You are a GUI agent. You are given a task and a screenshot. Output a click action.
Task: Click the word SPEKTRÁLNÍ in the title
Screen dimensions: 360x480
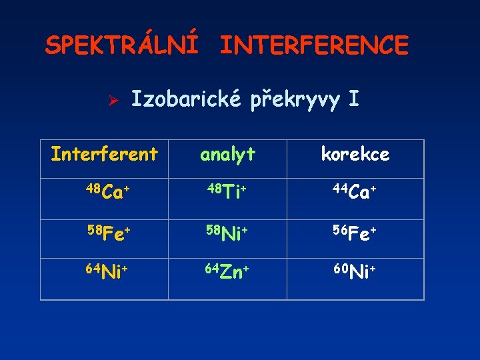pyautogui.click(x=121, y=45)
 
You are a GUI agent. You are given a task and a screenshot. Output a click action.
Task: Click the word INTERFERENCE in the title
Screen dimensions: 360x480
pyautogui.click(x=314, y=45)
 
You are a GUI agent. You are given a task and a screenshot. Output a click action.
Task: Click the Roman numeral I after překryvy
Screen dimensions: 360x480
pyautogui.click(x=353, y=100)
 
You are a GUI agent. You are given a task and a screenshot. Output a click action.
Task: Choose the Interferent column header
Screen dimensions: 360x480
pyautogui.click(x=105, y=155)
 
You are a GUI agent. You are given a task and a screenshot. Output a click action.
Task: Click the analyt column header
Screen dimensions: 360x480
pyautogui.click(x=228, y=155)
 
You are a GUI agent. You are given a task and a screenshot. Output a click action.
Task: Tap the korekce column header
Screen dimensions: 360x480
pyautogui.click(x=355, y=155)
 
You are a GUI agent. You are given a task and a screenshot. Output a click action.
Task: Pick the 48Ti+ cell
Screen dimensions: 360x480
pyautogui.click(x=227, y=193)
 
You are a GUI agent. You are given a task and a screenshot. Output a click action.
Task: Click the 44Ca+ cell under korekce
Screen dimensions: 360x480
pyautogui.click(x=356, y=193)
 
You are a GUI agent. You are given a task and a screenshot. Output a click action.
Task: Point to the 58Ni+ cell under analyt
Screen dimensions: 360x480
pyautogui.click(x=228, y=234)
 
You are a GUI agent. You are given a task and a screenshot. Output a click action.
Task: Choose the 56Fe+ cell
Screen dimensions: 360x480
pyautogui.click(x=356, y=234)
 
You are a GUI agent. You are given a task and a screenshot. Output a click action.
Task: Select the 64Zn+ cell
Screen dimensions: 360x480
pyautogui.click(x=228, y=273)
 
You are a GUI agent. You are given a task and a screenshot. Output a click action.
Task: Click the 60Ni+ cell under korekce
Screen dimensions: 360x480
pyautogui.click(x=356, y=273)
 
